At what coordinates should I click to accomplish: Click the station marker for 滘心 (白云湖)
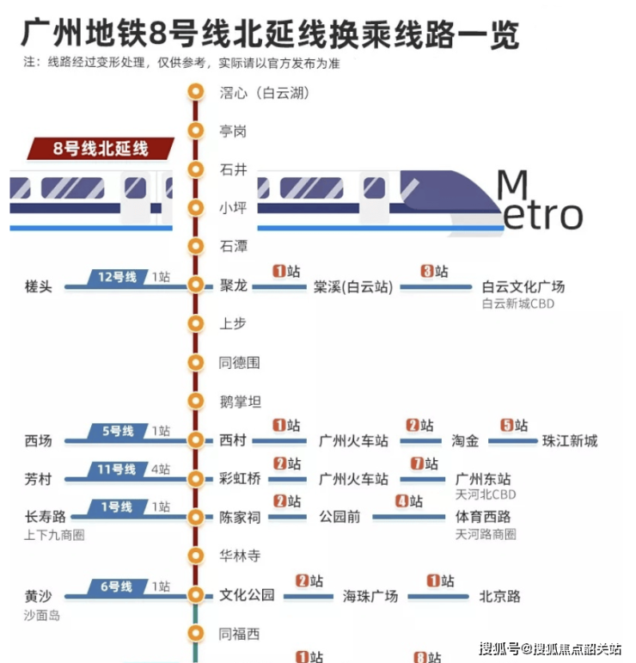point(196,92)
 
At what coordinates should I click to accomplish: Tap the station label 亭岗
point(233,131)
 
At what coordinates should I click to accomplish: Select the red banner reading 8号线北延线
point(101,149)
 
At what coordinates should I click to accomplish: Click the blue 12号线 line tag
point(117,278)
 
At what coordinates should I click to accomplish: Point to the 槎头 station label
point(39,286)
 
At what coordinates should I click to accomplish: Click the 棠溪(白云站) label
point(353,286)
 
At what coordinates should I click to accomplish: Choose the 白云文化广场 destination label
point(523,286)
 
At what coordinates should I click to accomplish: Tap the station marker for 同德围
point(196,362)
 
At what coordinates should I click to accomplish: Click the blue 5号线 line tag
point(117,432)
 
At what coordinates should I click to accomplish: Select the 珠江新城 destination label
point(570,441)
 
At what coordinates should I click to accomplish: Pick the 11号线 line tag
point(117,470)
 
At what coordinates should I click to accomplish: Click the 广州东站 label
point(483,479)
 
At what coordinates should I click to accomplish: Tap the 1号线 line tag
point(117,507)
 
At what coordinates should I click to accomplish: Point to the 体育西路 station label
point(483,517)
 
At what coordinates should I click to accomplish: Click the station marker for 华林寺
point(196,556)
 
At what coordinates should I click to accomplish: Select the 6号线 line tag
point(117,586)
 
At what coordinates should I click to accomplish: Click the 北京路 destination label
point(499,597)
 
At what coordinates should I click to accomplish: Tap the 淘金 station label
point(465,441)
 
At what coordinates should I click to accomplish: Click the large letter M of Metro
point(512,184)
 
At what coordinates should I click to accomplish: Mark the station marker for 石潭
point(196,246)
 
